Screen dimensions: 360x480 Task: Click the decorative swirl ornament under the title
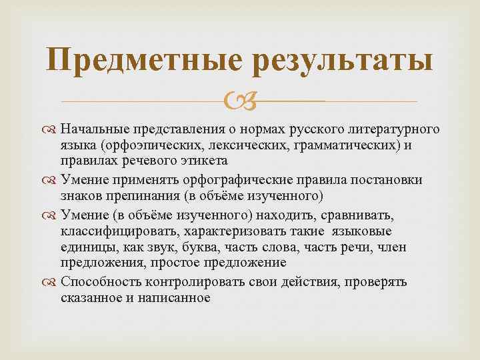[x=239, y=101]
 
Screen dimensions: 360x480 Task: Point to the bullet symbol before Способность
[x=52, y=282]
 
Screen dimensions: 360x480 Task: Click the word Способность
[x=95, y=282]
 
